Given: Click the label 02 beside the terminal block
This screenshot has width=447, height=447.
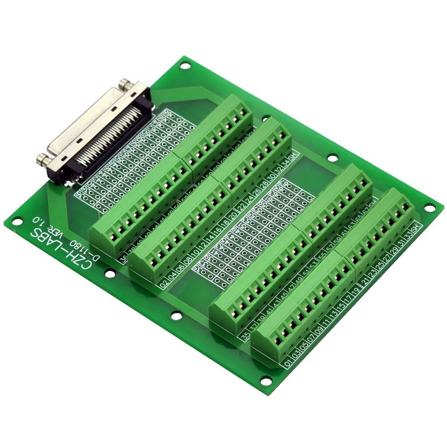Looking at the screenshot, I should coord(164,284).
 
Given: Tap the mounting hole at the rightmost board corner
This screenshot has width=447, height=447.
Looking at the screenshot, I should coord(428,208).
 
